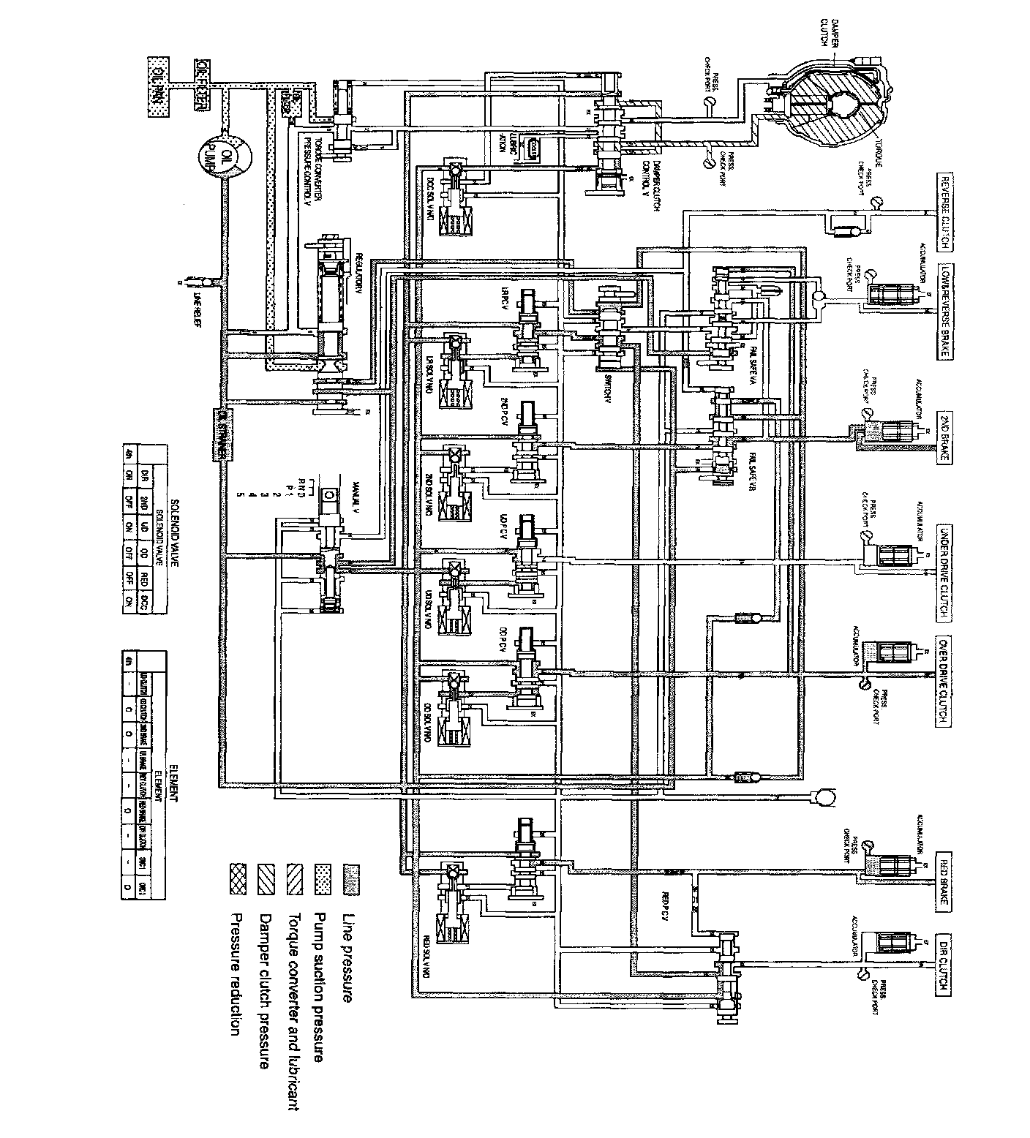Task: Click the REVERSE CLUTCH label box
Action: pos(944,211)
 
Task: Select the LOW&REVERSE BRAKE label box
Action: pos(944,311)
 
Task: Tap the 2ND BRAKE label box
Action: pos(944,437)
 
